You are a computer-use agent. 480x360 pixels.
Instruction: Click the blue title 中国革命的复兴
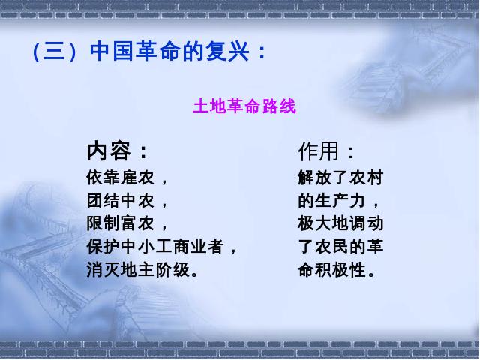170,51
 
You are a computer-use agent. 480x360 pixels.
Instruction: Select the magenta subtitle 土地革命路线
244,106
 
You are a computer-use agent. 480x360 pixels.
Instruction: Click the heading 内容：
117,151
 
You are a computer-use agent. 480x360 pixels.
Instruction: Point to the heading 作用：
325,151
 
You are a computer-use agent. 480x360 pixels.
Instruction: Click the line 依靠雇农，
127,178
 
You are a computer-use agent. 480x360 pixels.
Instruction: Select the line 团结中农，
127,201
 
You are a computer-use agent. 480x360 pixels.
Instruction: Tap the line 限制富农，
127,223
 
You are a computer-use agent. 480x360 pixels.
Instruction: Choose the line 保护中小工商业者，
162,247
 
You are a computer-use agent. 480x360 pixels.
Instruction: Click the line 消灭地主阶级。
142,270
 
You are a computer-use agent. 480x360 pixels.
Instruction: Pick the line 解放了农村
340,178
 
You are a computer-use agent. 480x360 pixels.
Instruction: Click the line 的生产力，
339,201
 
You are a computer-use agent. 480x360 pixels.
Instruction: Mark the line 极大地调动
340,223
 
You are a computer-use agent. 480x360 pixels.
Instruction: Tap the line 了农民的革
340,247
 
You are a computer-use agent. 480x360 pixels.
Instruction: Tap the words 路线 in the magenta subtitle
279,106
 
